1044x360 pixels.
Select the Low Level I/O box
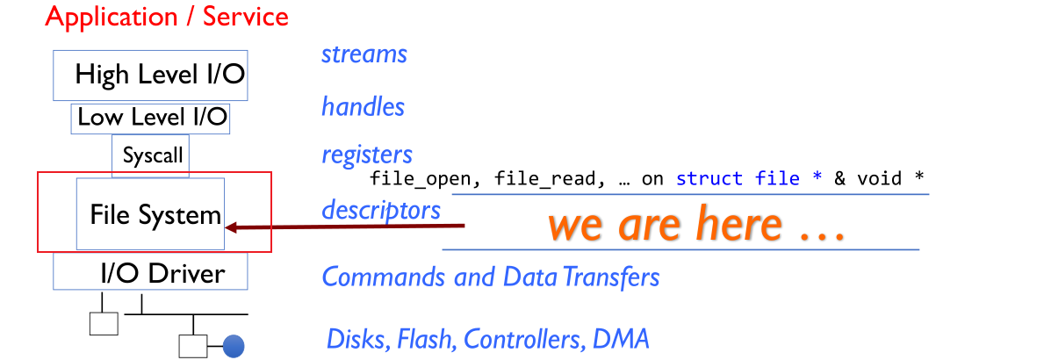coord(150,118)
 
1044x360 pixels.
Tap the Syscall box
coord(152,156)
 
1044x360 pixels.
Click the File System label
coord(155,214)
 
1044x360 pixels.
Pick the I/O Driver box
coord(150,272)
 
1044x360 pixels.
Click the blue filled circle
coord(233,346)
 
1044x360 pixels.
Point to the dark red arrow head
coord(232,228)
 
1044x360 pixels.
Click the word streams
coord(364,54)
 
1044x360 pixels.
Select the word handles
coord(363,107)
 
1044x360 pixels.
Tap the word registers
coord(367,155)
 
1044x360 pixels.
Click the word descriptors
coord(380,211)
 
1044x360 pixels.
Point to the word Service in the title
coord(245,16)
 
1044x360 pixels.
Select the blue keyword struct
coord(711,179)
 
